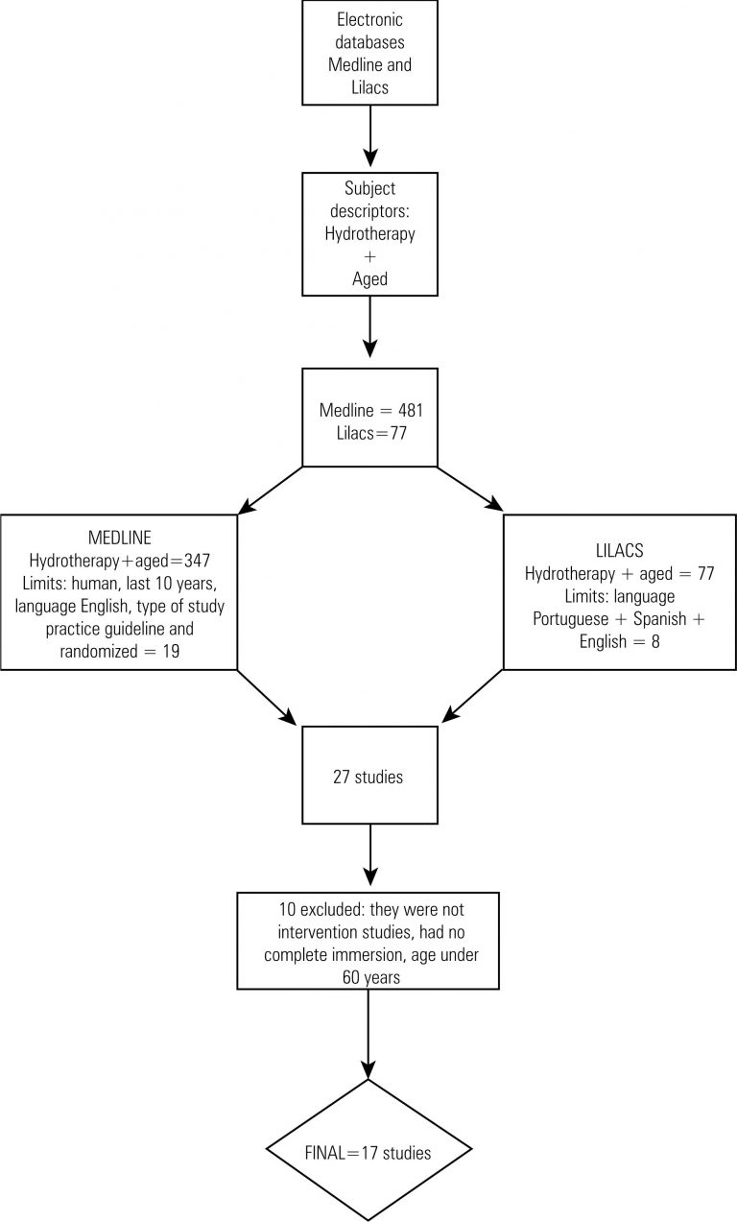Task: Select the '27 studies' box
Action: tap(368, 777)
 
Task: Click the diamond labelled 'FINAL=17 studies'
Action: tap(368, 1149)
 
